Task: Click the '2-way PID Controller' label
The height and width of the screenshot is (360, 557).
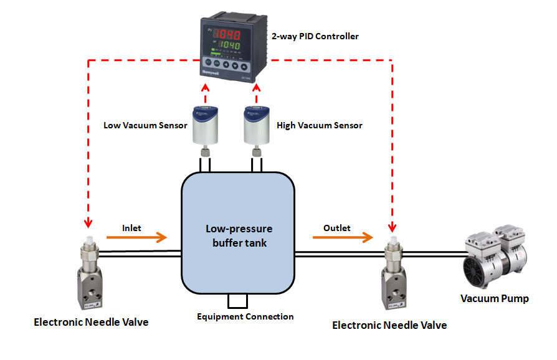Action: (315, 37)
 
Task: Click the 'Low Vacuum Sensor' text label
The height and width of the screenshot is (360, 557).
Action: (145, 125)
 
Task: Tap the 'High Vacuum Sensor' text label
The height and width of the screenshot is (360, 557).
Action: (320, 125)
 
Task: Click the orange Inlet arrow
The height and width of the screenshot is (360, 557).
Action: (137, 237)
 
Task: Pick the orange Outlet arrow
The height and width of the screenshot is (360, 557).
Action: (339, 237)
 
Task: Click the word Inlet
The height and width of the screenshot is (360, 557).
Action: (131, 228)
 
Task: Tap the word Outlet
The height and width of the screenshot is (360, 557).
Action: (336, 228)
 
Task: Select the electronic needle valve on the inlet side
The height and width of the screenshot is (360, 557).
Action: (90, 274)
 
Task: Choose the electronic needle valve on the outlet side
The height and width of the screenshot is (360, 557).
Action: (393, 274)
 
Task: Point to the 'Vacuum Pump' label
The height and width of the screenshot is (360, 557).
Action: (494, 299)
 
